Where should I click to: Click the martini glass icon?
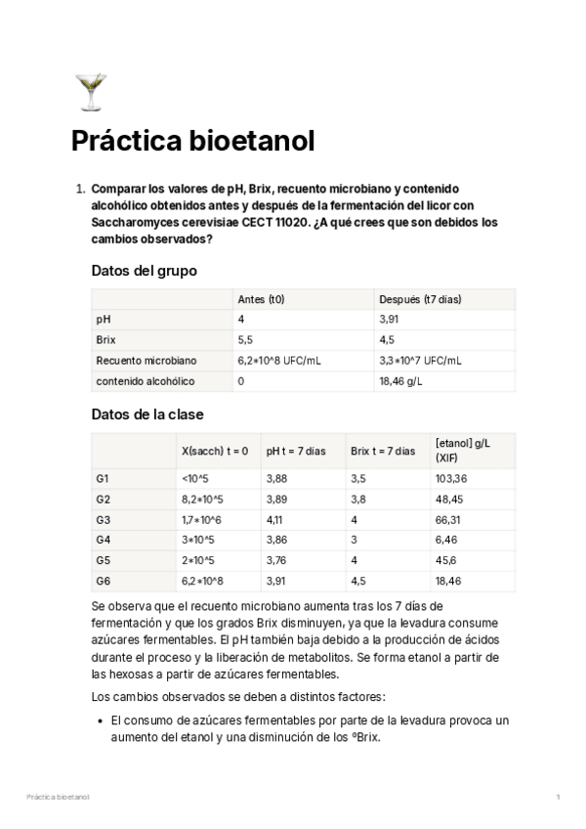pyautogui.click(x=90, y=92)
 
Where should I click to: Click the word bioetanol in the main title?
pyautogui.click(x=254, y=142)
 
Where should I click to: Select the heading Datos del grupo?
pyautogui.click(x=144, y=271)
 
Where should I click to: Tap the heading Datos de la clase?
pyautogui.click(x=146, y=414)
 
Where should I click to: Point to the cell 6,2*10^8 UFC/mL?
pyautogui.click(x=278, y=361)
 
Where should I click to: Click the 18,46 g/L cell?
pyautogui.click(x=400, y=381)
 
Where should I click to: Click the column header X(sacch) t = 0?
pyautogui.click(x=215, y=451)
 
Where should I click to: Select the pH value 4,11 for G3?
pyautogui.click(x=277, y=519)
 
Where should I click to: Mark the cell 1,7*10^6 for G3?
pyautogui.click(x=201, y=519)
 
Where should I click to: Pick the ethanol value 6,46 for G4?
pyautogui.click(x=446, y=540)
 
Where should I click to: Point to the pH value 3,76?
pyautogui.click(x=278, y=560)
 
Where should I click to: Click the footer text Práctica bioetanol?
pyautogui.click(x=58, y=798)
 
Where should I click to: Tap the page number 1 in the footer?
pyautogui.click(x=558, y=798)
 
